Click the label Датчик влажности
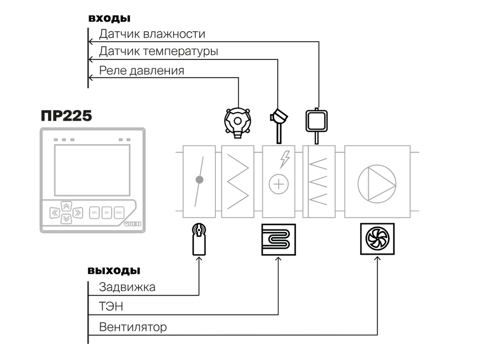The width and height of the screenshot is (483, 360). pos(152,34)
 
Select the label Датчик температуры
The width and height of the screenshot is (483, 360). pos(158,51)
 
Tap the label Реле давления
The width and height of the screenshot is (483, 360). pos(141,71)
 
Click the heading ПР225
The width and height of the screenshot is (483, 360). pos(66,116)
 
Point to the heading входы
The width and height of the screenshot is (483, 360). pos(109,18)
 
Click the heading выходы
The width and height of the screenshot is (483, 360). pos(114,271)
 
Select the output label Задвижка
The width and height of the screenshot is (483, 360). pos(127,287)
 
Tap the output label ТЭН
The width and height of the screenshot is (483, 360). pos(111,306)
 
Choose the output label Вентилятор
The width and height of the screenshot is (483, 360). pos(133,327)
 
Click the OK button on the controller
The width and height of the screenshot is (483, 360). pos(107,213)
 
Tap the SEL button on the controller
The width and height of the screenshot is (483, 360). pos(94,213)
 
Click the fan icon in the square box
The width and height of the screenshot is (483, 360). pos(377,239)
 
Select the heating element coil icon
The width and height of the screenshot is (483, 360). pos(278,240)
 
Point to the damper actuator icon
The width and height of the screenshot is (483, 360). pos(199,239)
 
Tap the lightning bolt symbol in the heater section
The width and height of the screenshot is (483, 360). pos(285,159)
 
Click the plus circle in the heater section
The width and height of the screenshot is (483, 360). pos(279,185)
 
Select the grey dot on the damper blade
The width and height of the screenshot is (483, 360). pos(200,179)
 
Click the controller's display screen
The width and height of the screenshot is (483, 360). pos(92,170)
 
